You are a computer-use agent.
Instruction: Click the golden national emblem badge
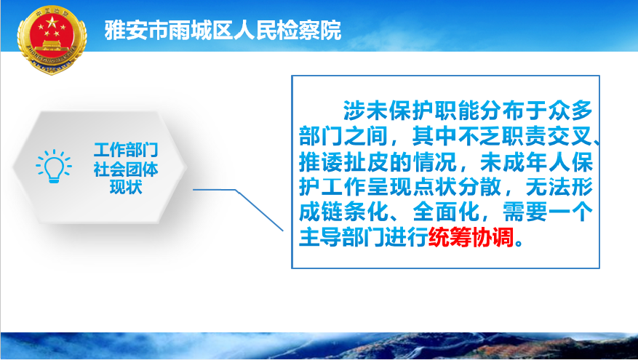(52, 39)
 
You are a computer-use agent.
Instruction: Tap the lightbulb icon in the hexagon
(54, 166)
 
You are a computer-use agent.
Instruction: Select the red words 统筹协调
(471, 238)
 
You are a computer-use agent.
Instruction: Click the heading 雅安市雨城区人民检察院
(223, 30)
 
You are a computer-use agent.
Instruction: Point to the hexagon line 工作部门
(126, 150)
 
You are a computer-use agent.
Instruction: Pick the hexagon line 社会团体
(126, 169)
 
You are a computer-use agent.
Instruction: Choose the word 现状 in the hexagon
(126, 187)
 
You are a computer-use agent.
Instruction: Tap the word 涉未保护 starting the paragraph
(388, 111)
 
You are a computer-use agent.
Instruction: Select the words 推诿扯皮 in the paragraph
(344, 162)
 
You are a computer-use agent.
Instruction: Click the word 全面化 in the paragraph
(446, 212)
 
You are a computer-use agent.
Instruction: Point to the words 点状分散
(457, 188)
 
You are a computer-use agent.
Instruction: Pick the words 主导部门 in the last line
(344, 238)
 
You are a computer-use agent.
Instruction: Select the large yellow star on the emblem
(52, 22)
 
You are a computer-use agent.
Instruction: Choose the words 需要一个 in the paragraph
(547, 212)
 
